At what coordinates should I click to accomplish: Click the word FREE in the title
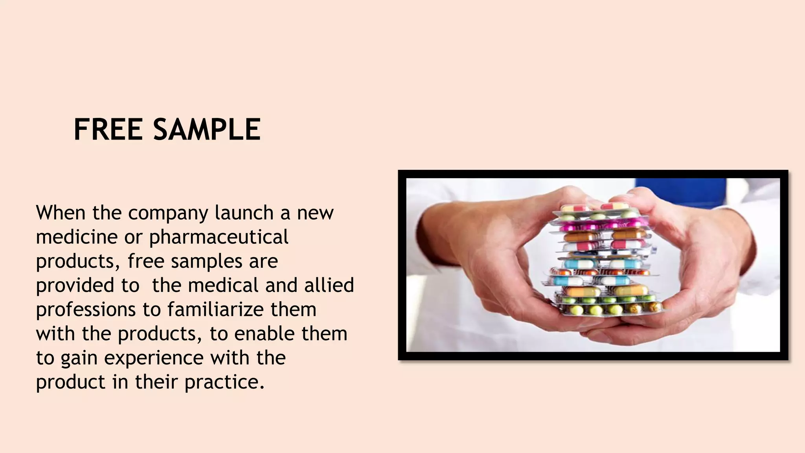pyautogui.click(x=108, y=129)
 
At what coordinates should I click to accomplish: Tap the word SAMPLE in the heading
pyautogui.click(x=207, y=129)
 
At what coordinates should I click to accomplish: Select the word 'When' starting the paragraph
pyautogui.click(x=61, y=213)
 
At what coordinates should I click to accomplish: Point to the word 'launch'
pyautogui.click(x=244, y=213)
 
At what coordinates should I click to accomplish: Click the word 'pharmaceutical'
pyautogui.click(x=219, y=238)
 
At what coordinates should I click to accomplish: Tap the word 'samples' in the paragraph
pyautogui.click(x=207, y=261)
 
